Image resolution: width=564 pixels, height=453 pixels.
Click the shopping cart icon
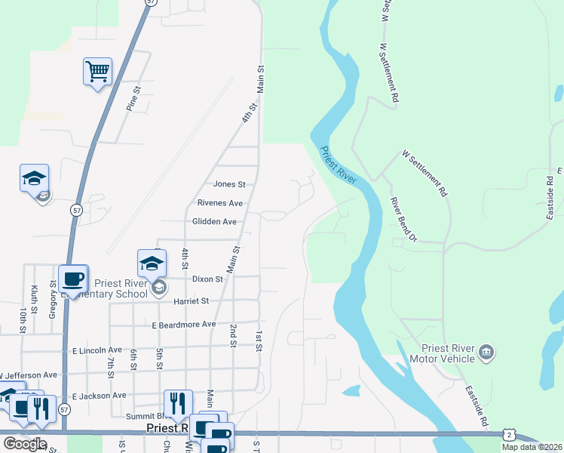click(x=97, y=72)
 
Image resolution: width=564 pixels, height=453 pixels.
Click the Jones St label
click(x=229, y=183)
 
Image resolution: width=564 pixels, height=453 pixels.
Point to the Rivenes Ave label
click(x=220, y=203)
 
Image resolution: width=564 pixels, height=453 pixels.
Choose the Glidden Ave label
click(x=214, y=222)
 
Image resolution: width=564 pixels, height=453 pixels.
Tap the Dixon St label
click(x=207, y=279)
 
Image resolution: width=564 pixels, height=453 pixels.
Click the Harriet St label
click(x=191, y=300)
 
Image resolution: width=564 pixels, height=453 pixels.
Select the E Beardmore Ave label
click(x=183, y=325)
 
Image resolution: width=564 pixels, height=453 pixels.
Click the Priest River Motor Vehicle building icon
click(x=486, y=353)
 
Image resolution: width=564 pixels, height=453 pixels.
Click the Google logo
click(x=25, y=443)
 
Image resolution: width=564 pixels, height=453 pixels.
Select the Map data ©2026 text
click(x=532, y=447)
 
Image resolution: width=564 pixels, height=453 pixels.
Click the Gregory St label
click(x=54, y=300)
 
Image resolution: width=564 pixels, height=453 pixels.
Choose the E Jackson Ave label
click(x=100, y=396)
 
